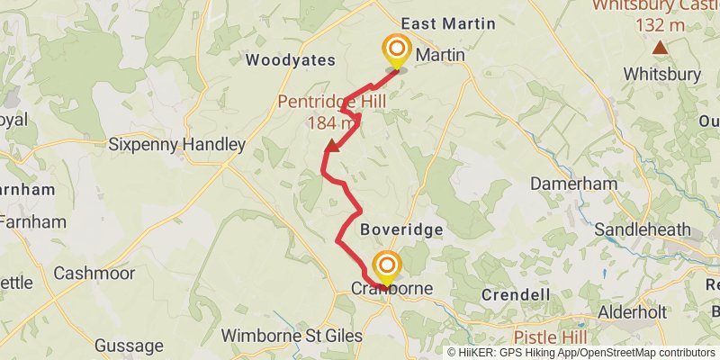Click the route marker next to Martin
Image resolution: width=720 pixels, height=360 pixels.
click(395, 49)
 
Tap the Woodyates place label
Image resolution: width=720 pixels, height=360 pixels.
click(290, 60)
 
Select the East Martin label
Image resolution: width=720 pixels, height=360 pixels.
click(448, 23)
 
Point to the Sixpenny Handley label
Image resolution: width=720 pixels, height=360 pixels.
click(176, 144)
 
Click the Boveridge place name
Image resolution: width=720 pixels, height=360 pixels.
click(401, 229)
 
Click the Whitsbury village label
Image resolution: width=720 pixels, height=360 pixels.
click(661, 74)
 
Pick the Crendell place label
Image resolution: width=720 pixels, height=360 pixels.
click(516, 294)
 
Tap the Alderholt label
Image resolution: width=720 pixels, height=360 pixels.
click(635, 311)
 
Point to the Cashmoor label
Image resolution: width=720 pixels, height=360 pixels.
click(94, 273)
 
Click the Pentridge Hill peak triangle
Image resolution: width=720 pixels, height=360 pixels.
click(332, 145)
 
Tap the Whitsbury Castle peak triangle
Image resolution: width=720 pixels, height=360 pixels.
click(661, 47)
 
